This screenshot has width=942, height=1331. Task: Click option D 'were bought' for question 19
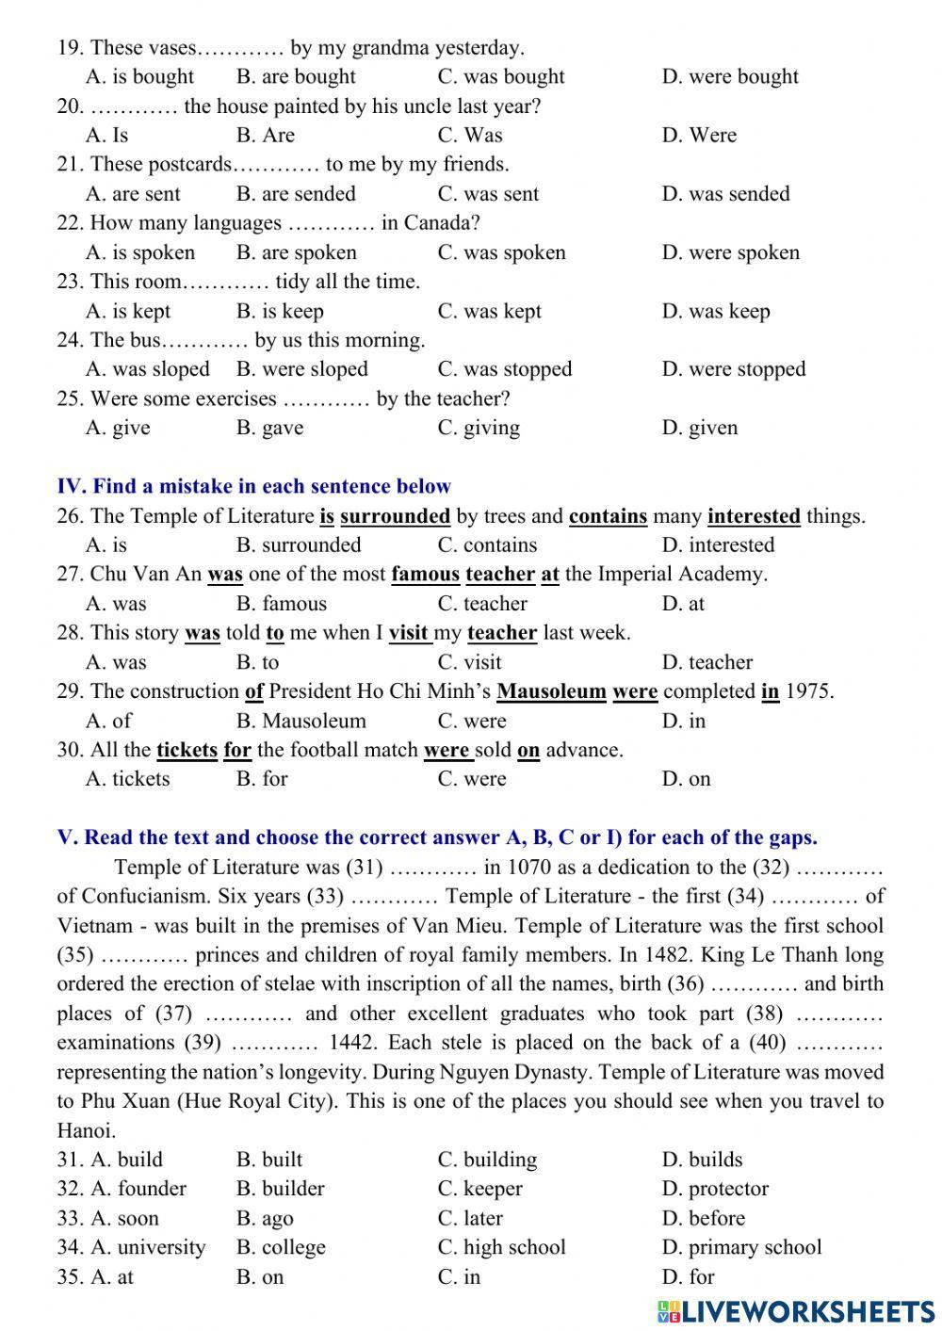[729, 77]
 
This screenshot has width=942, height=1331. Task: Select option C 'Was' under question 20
[470, 136]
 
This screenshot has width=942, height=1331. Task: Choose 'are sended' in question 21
[296, 194]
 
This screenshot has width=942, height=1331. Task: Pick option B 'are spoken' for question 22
[296, 252]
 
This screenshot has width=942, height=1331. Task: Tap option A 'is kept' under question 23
[128, 312]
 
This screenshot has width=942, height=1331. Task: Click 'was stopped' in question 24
[504, 369]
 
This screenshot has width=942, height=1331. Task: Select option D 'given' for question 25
[700, 429]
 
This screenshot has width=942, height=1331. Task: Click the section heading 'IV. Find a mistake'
[253, 487]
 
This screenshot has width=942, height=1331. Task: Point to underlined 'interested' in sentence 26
[754, 516]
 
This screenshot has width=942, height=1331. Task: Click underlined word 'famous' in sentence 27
[425, 575]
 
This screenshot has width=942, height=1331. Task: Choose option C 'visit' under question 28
[469, 662]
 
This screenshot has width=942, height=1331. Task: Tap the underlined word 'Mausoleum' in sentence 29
[551, 691]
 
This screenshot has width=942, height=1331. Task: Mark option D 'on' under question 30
[687, 779]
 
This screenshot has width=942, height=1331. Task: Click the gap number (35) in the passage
[75, 955]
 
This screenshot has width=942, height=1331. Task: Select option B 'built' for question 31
[269, 1160]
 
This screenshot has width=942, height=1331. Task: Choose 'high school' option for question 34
[501, 1247]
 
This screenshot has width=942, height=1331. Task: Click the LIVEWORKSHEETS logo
[797, 1310]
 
